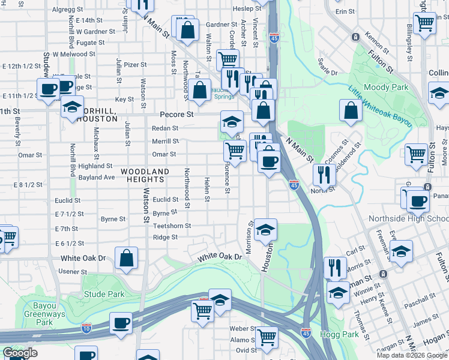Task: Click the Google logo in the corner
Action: [x=20, y=353]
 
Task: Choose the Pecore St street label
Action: [x=176, y=114]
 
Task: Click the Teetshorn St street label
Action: [x=172, y=226]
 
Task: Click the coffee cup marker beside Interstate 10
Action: [x=121, y=323]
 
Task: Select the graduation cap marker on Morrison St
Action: [x=265, y=229]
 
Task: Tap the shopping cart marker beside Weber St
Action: [x=265, y=337]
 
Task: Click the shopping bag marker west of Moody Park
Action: [x=351, y=110]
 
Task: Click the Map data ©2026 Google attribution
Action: [x=412, y=355]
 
